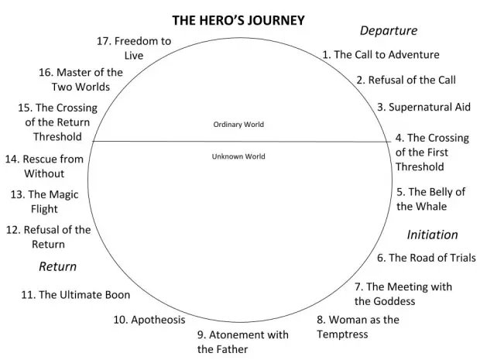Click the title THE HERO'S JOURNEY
(238, 20)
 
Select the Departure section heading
(388, 31)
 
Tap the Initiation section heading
(432, 235)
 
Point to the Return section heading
(58, 267)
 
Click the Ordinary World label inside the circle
(238, 124)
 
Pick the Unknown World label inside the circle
(238, 156)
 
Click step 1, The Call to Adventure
(381, 55)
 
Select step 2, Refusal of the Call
(406, 80)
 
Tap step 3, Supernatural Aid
(423, 107)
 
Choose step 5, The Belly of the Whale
(430, 199)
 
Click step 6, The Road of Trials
(426, 258)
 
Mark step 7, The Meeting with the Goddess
(403, 294)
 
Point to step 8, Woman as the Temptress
(358, 327)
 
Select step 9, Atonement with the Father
(242, 342)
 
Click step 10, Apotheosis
(149, 320)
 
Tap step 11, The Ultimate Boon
(75, 295)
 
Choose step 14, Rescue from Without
(43, 166)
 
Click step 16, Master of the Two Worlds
(80, 80)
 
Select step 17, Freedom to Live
(133, 48)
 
